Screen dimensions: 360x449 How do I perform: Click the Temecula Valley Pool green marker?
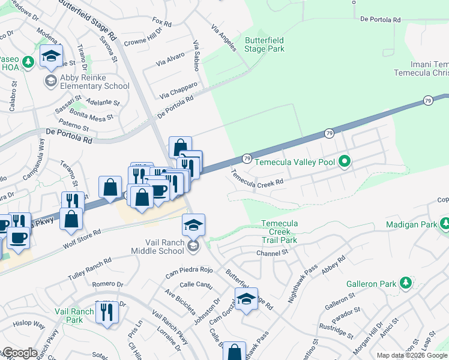tap(344, 161)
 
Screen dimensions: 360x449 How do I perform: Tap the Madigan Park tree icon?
tap(445, 224)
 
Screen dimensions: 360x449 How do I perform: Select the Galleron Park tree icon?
tap(405, 282)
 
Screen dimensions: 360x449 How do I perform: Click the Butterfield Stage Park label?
tap(265, 44)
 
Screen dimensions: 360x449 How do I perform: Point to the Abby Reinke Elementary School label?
tap(86, 82)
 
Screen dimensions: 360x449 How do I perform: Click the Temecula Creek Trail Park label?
tap(279, 232)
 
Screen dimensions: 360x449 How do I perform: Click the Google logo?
tap(19, 353)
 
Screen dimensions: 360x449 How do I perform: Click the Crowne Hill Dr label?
tap(143, 37)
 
